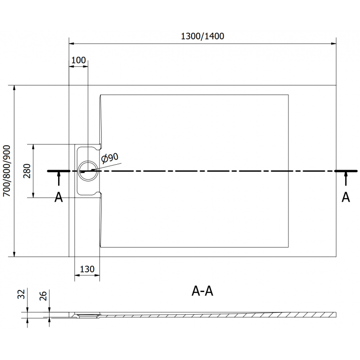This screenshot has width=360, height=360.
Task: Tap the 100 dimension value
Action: [78, 60]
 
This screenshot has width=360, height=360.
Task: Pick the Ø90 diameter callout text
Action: [110, 157]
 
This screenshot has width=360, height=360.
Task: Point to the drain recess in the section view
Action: [86, 315]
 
